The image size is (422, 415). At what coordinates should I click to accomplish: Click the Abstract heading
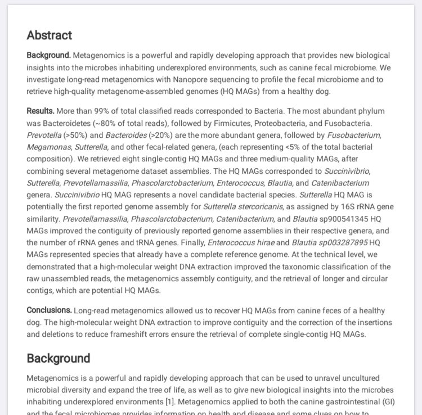tap(50, 35)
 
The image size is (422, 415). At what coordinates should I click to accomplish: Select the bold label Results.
tap(41, 111)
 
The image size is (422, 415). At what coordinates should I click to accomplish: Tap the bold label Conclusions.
tap(49, 310)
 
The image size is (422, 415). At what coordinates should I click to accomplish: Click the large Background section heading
tap(58, 358)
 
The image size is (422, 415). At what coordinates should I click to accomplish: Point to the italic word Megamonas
tap(47, 147)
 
